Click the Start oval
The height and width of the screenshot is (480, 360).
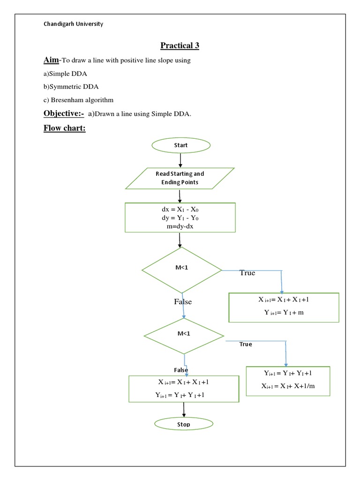180,145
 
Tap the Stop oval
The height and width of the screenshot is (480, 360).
184,424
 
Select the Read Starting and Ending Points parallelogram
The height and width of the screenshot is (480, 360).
180,178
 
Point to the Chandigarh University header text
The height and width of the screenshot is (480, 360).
73,24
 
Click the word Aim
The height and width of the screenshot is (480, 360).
51,60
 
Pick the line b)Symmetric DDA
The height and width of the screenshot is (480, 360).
71,87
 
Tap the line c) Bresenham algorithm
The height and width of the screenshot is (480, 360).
79,100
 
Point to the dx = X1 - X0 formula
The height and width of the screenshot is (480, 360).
180,210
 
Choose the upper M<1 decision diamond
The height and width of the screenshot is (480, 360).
182,270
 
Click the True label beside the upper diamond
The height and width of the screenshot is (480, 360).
247,273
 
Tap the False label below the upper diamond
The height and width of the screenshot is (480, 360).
183,302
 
